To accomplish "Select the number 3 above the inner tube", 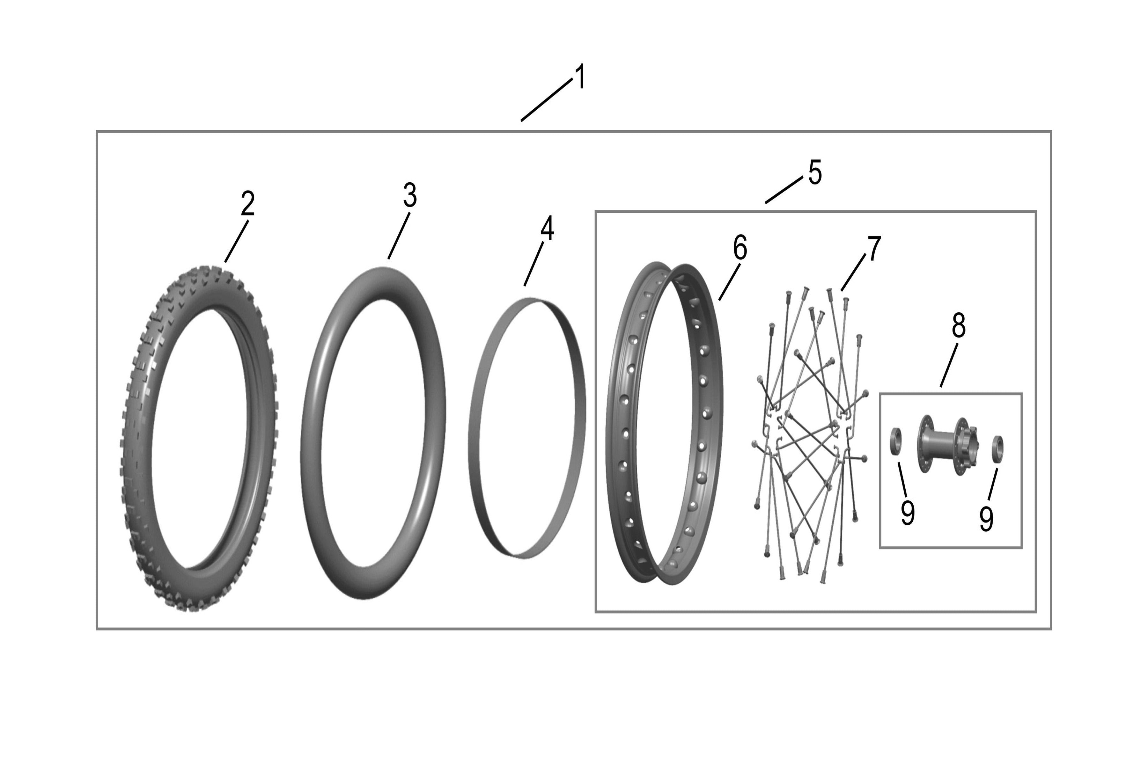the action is [410, 196].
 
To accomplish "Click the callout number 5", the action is [815, 172].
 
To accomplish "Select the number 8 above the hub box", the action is [959, 325].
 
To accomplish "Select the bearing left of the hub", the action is [896, 441].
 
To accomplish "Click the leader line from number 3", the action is [399, 236].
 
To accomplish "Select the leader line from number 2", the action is [236, 242].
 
